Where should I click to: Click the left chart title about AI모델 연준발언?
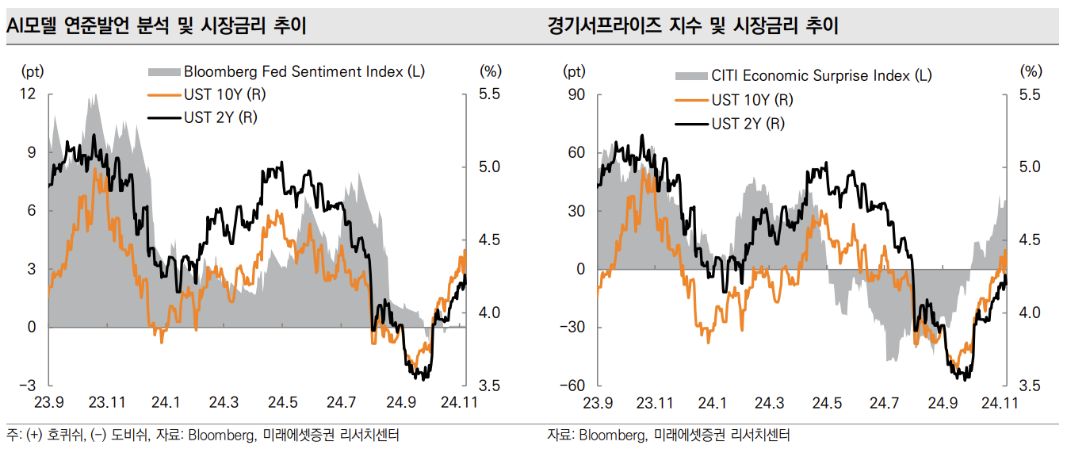pos(156,26)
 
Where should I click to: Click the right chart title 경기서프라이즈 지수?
pos(692,26)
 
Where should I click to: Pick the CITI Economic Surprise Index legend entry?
pos(821,76)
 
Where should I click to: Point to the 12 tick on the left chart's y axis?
pos(29,94)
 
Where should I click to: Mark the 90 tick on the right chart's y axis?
pos(576,94)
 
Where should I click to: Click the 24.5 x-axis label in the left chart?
pos(282,403)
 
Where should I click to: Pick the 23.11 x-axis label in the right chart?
pos(655,403)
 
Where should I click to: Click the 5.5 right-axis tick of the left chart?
pos(490,94)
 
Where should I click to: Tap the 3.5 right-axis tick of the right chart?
pos(1030,386)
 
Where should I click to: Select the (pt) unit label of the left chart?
pos(33,71)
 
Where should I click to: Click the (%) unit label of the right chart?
pos(1031,71)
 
